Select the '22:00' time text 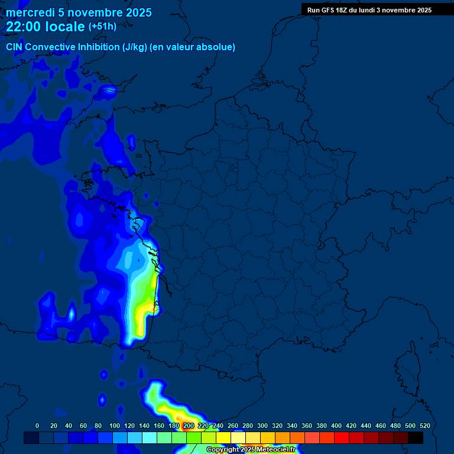click(24, 27)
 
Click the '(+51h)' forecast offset click(102, 27)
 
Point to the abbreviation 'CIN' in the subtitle click(15, 47)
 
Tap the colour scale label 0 click(37, 426)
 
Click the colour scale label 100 click(114, 426)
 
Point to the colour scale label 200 click(188, 426)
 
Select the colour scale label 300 click(262, 426)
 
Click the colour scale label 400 click(336, 426)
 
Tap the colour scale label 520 click(424, 426)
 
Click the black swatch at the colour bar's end click(416, 437)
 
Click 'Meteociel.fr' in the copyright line click(276, 450)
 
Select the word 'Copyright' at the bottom click(223, 450)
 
